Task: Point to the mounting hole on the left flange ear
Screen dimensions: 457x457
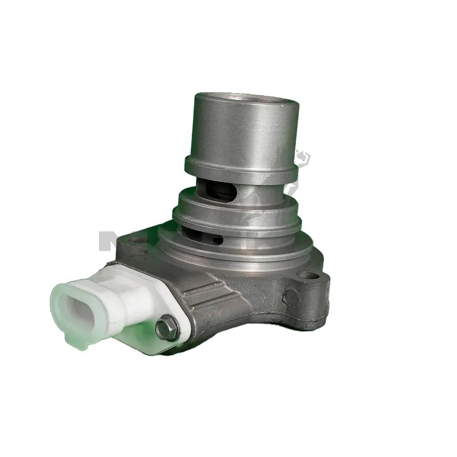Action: [x=132, y=241]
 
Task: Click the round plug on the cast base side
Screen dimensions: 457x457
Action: [x=291, y=295]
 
